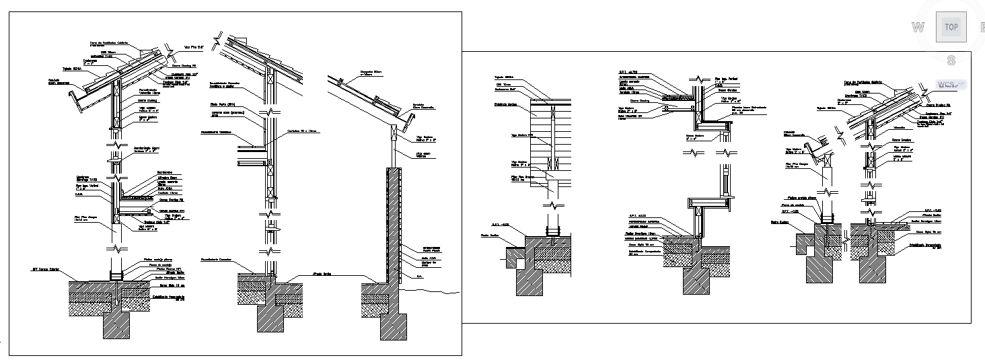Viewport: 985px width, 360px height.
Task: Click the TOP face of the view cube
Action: pyautogui.click(x=951, y=27)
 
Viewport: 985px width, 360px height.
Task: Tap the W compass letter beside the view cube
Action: pyautogui.click(x=916, y=28)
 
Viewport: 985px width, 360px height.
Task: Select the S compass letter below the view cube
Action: pyautogui.click(x=951, y=61)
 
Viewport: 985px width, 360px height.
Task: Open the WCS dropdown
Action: pyautogui.click(x=951, y=85)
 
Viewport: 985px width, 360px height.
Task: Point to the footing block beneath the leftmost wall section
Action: pyautogui.click(x=119, y=324)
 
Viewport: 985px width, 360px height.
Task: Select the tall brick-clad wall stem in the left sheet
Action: pyautogui.click(x=392, y=222)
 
